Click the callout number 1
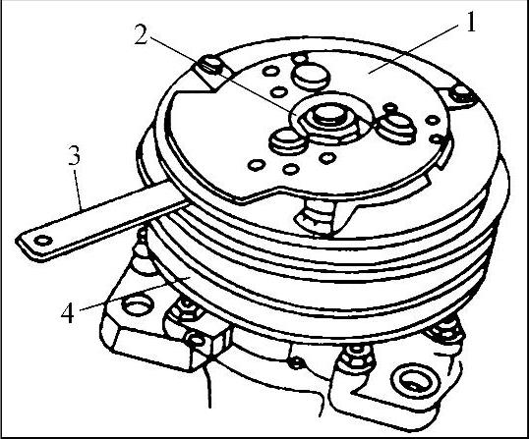coord(470,23)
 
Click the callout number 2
coord(141,35)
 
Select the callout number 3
coord(74,155)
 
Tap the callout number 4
coord(68,312)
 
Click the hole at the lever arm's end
coord(43,241)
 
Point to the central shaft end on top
coord(328,115)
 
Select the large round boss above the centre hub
coord(311,77)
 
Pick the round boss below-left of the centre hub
coord(287,141)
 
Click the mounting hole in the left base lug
coord(138,305)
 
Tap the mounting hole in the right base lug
coord(416,380)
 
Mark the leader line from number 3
coord(78,191)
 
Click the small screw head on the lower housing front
coord(296,362)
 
